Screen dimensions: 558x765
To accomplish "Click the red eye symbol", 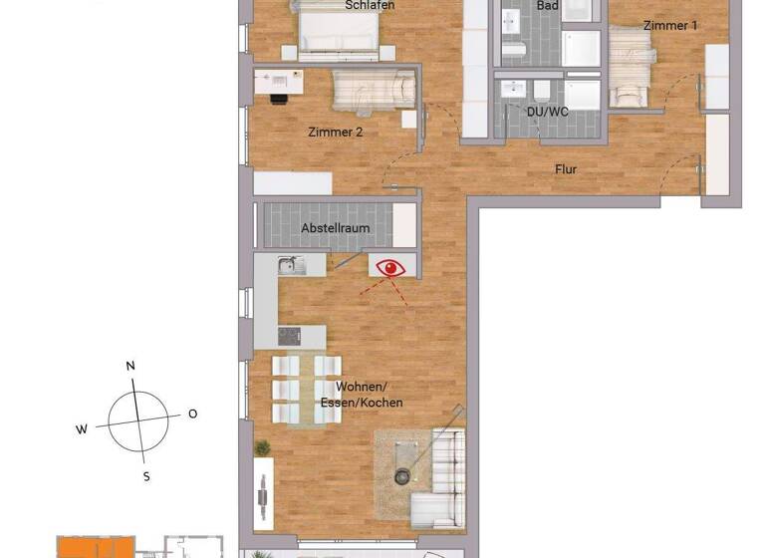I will tap(389, 267).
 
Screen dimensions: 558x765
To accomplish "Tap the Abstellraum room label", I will tap(336, 228).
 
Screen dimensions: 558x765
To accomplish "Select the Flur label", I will tap(566, 169).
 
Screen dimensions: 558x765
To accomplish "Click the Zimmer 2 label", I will tap(336, 132).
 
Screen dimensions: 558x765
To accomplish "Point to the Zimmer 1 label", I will tap(670, 25).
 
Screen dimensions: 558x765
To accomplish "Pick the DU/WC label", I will tap(547, 112).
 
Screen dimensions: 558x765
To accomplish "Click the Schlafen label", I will tap(370, 6).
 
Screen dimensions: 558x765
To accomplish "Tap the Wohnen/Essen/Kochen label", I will tap(370, 395).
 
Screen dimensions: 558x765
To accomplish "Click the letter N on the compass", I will tap(130, 366).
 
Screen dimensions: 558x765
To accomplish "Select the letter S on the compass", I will tap(145, 476).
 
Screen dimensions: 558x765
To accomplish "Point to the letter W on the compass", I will tap(82, 429).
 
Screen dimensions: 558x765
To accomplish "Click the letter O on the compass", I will tap(192, 414).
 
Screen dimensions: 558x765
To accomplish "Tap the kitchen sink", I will tap(291, 265).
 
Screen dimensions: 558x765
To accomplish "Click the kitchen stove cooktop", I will tap(289, 336).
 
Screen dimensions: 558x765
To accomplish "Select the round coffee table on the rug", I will tap(401, 475).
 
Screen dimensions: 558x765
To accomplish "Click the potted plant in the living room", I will tap(262, 448).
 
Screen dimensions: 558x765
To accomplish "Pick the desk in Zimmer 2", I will tap(281, 81).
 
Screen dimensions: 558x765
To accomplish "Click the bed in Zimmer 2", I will tap(373, 92).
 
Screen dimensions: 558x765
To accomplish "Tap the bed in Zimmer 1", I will tap(629, 70).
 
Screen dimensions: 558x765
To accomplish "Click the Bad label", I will tap(547, 6).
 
